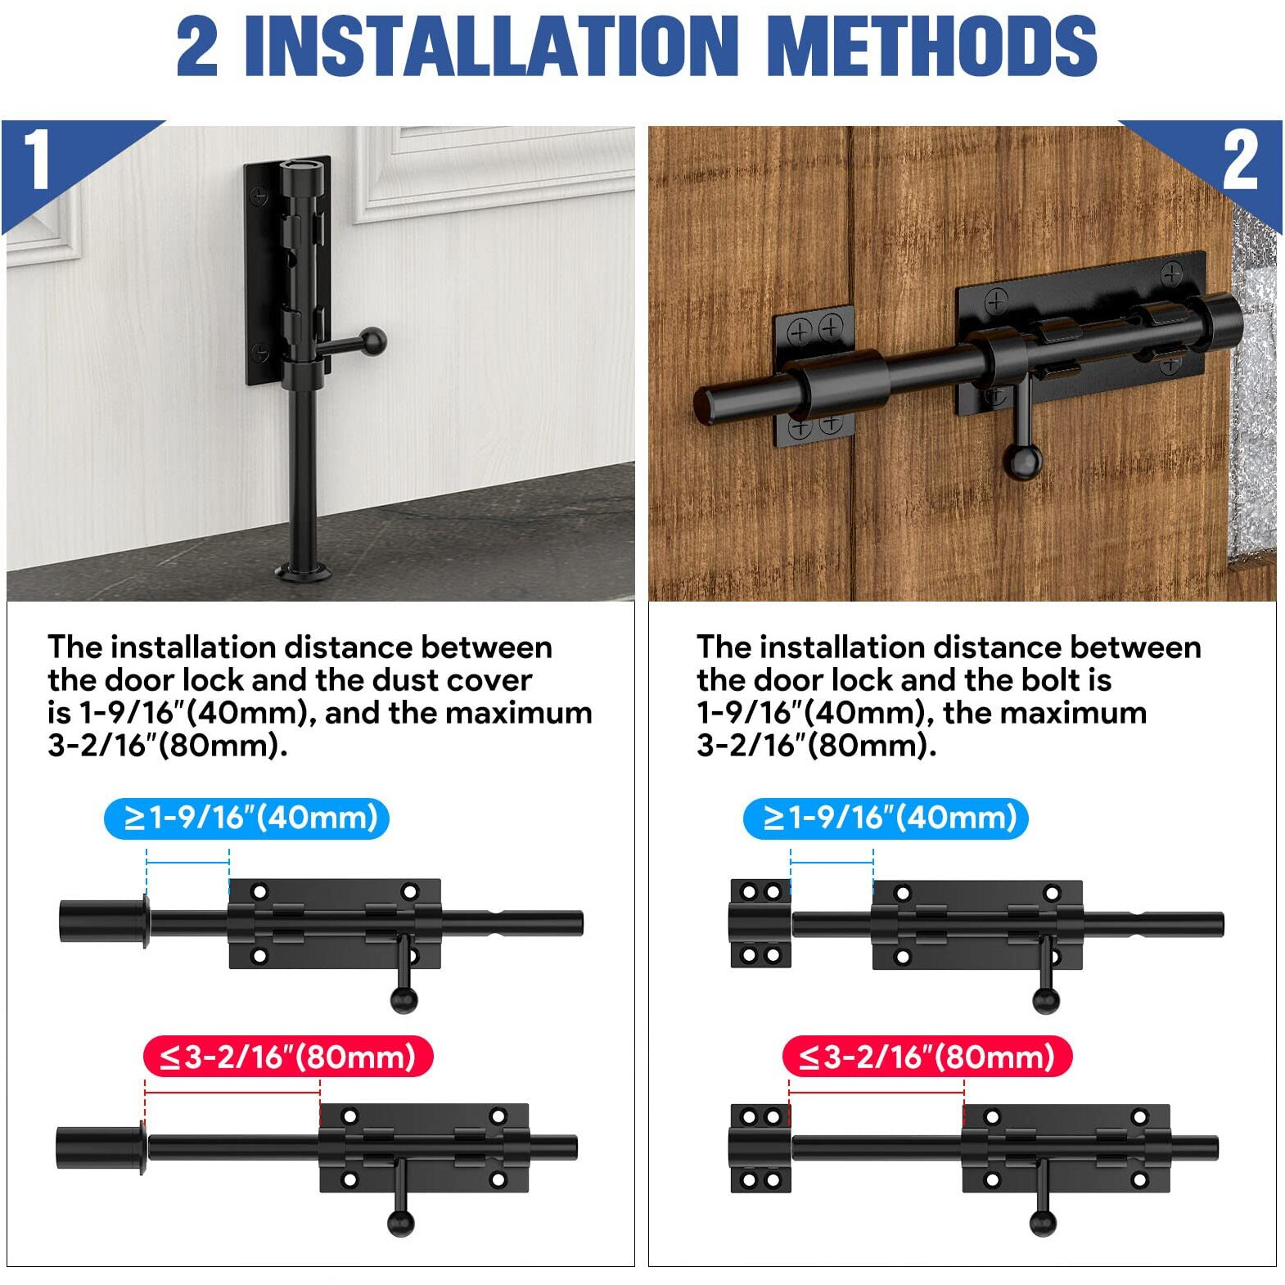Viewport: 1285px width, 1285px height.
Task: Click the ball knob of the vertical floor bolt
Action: click(373, 340)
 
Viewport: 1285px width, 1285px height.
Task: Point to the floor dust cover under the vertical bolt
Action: click(304, 570)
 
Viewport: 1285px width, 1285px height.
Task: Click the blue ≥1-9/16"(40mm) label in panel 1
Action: click(246, 818)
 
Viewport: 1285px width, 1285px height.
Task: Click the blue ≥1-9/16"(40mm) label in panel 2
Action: click(886, 818)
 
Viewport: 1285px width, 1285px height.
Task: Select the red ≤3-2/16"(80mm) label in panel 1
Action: click(287, 1057)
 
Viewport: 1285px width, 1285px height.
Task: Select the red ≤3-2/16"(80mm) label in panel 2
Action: click(927, 1057)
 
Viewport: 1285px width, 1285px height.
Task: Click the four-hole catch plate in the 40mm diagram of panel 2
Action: click(760, 923)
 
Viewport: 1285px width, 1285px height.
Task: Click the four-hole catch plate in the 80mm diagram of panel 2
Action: click(760, 1147)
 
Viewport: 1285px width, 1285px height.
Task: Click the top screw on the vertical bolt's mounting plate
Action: click(259, 196)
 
